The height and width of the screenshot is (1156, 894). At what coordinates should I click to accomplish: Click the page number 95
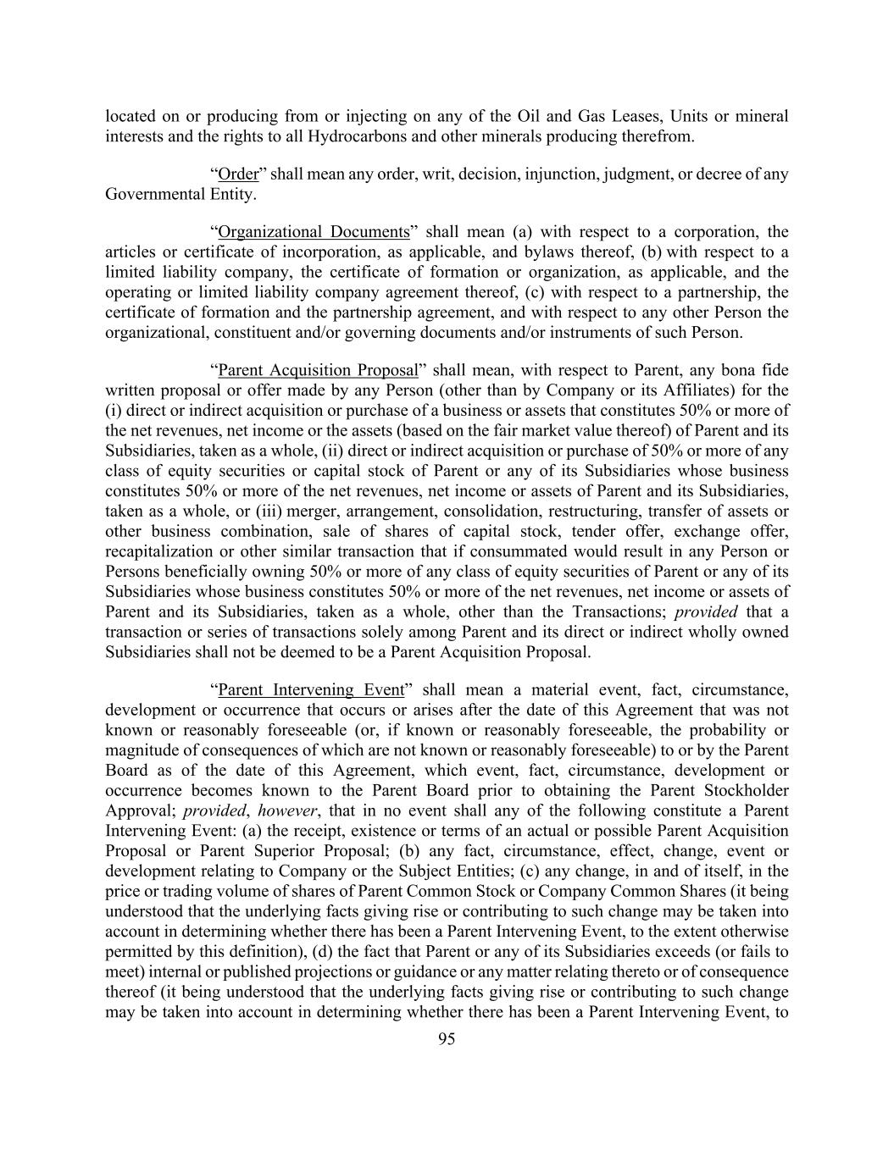coord(447,1039)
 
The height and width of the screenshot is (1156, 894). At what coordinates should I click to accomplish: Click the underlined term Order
coord(238,174)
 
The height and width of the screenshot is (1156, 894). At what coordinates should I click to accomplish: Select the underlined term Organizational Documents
coord(314,232)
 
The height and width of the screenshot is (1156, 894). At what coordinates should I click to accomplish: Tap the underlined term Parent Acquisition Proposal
coord(318,370)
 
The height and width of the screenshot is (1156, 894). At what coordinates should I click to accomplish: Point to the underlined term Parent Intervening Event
coord(311,689)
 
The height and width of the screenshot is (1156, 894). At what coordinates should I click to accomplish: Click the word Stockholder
coord(745,790)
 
